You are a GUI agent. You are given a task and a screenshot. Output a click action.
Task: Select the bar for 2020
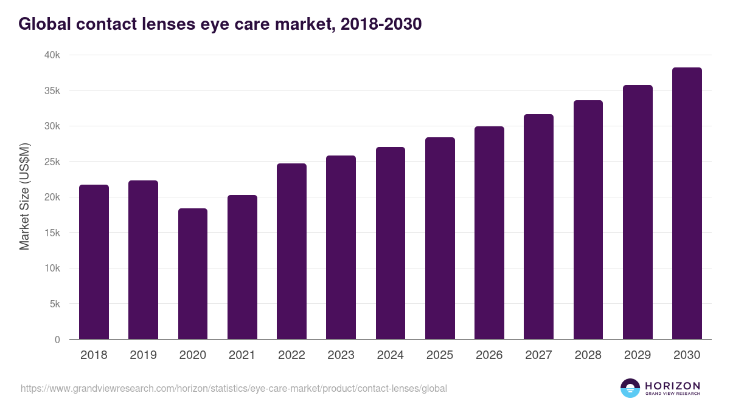(x=193, y=274)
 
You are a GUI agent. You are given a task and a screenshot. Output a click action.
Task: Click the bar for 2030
(x=687, y=203)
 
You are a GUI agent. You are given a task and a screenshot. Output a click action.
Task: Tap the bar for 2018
(x=94, y=262)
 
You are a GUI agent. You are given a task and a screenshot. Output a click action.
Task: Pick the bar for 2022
(x=291, y=251)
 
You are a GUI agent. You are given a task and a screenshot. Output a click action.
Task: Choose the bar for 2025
(x=440, y=238)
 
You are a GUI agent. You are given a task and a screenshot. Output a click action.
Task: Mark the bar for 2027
(x=538, y=227)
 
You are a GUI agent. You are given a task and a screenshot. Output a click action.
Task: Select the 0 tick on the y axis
(x=57, y=340)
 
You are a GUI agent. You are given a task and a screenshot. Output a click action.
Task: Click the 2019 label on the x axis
(x=143, y=355)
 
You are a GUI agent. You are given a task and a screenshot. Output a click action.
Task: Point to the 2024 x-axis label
(x=390, y=355)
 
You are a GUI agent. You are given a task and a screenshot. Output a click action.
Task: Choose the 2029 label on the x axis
(x=638, y=355)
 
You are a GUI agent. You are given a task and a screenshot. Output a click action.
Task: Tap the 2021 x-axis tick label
(x=242, y=355)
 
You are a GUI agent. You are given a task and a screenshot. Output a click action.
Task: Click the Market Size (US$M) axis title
(x=24, y=197)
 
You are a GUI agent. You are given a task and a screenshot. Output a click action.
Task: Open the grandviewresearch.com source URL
(x=234, y=388)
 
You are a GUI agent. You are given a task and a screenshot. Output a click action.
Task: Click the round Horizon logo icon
(x=630, y=388)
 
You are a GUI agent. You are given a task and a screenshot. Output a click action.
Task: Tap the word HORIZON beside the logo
(x=672, y=386)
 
